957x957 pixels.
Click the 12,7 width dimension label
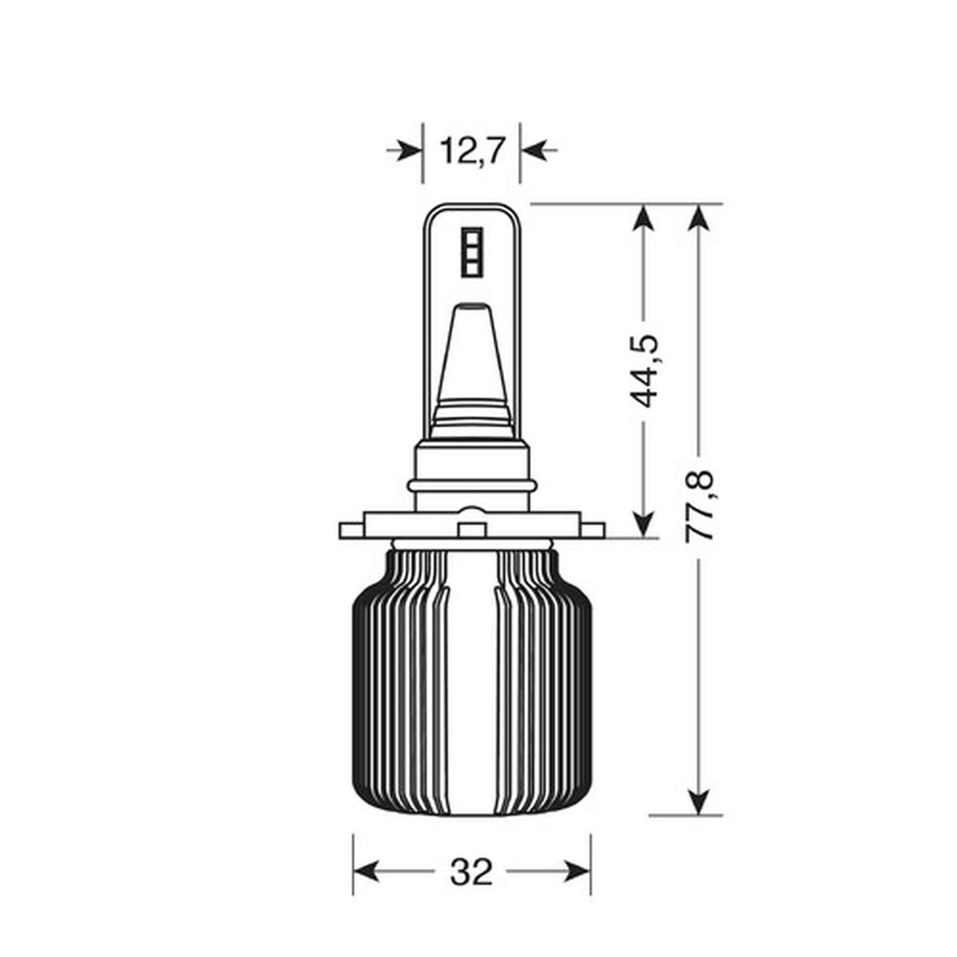pos(471,150)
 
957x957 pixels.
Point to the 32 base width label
pos(471,872)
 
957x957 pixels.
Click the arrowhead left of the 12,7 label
pos(410,149)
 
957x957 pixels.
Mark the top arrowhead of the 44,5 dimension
pos(644,218)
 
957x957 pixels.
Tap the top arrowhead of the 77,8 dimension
pos(699,218)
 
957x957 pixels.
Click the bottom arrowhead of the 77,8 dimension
pos(699,801)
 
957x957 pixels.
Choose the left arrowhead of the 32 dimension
pos(365,872)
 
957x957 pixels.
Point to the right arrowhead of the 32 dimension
pos(578,872)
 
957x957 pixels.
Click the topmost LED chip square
pos(471,238)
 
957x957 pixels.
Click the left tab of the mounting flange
pos(352,530)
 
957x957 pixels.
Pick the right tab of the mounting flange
pos(592,530)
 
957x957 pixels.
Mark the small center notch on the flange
pos(472,530)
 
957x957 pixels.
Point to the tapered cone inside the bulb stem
pos(471,359)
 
